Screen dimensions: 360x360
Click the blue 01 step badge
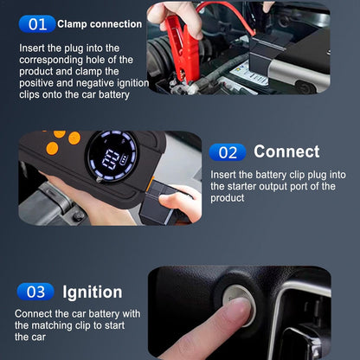36,24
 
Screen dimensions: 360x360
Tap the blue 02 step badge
227,152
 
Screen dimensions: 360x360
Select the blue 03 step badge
36,292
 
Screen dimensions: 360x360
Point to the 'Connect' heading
286,152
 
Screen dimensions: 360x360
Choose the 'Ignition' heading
93,292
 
